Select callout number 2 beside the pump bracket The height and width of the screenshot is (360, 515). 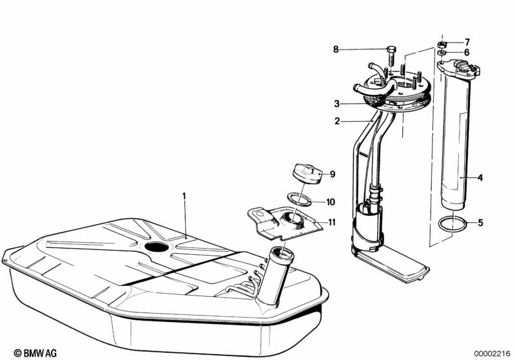tap(336, 120)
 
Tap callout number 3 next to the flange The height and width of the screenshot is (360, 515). tap(336, 104)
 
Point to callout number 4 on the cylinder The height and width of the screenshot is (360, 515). tap(480, 176)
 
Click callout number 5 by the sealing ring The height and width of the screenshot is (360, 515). tap(480, 223)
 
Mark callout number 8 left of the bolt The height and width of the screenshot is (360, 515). tap(335, 50)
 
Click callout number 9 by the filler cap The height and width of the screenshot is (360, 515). tap(333, 174)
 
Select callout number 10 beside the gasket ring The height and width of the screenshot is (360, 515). tap(331, 202)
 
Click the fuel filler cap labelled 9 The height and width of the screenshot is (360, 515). tap(306, 175)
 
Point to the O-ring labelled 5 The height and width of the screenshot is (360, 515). tap(452, 225)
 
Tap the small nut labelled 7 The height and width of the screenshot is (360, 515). tap(442, 43)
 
